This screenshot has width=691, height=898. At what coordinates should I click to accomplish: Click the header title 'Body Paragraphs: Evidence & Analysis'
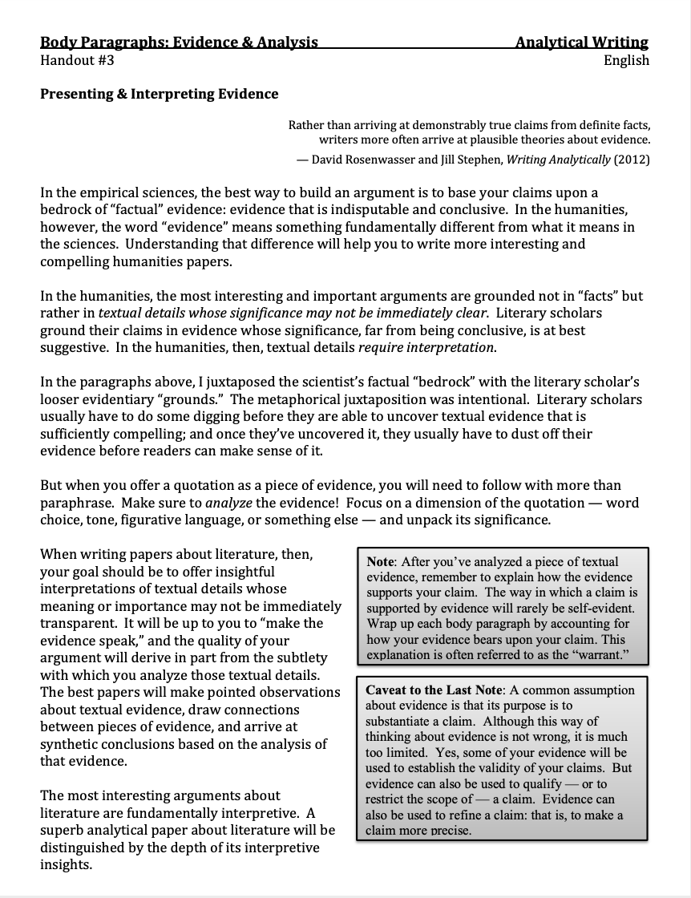(179, 42)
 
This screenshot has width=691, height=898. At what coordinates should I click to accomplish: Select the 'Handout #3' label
(77, 60)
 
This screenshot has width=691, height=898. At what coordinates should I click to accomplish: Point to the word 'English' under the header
(626, 60)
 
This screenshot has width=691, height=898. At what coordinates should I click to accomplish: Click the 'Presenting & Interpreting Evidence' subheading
(160, 94)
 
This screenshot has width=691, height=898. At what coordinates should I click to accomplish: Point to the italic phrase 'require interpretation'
(426, 347)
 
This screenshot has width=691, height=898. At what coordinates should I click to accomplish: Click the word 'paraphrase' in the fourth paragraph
(75, 503)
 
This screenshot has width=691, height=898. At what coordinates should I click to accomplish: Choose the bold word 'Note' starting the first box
(382, 562)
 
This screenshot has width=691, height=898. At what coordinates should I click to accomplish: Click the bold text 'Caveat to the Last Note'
(433, 690)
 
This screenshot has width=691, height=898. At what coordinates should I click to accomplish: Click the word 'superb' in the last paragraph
(63, 830)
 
